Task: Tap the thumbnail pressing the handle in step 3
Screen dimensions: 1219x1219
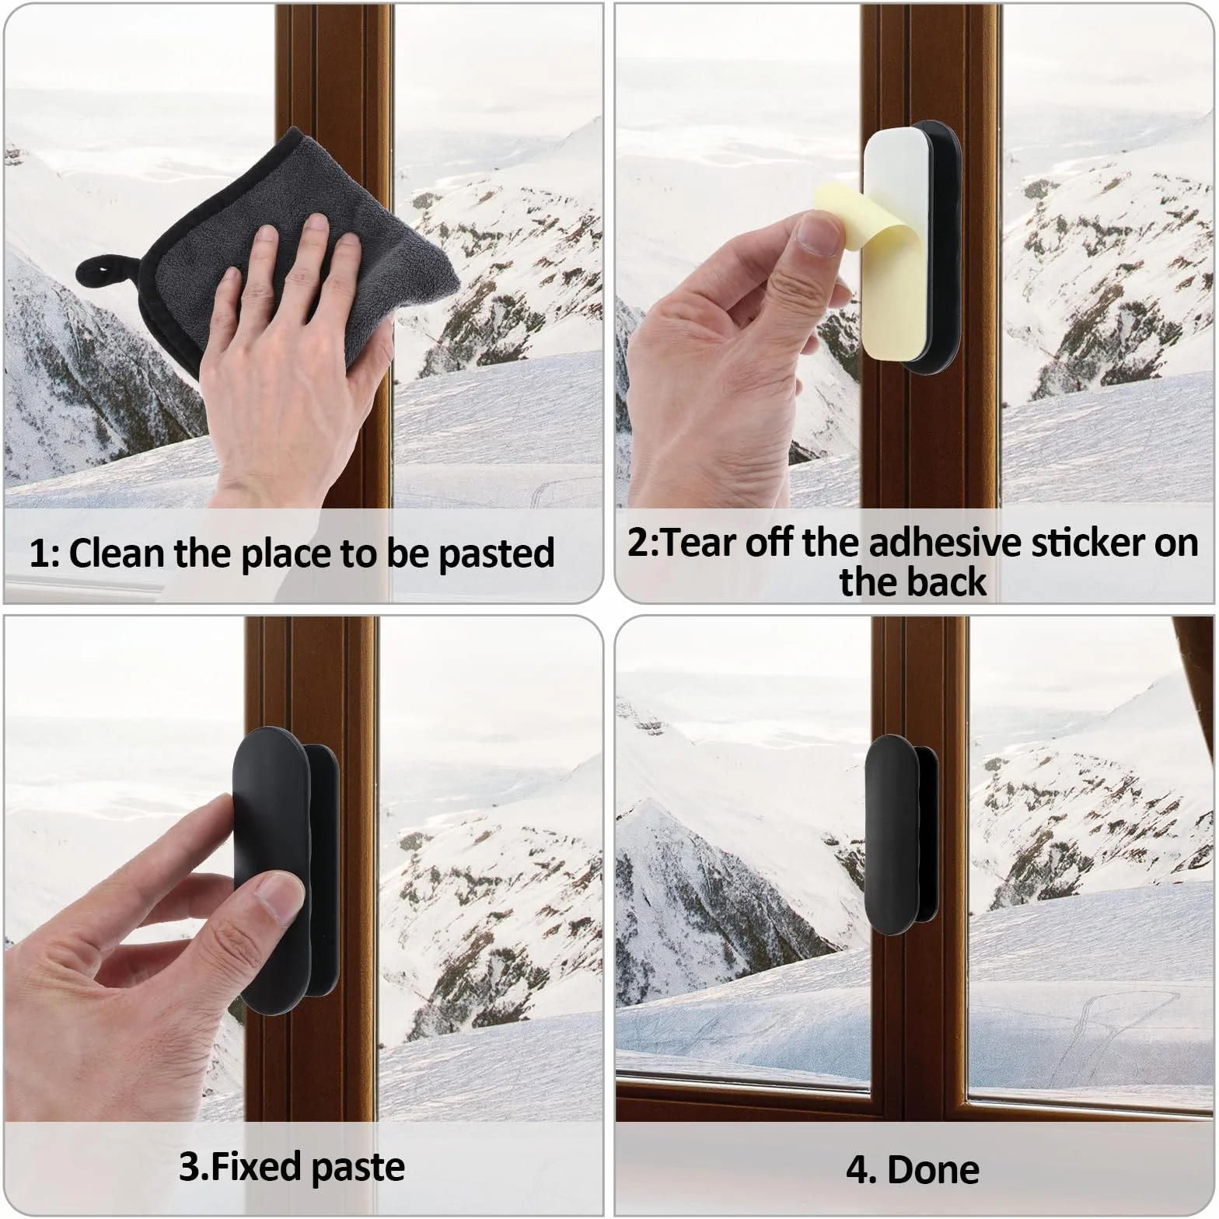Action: point(278,893)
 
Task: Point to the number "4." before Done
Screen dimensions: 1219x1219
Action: point(861,1169)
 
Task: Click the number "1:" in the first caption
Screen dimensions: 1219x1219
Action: point(45,554)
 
